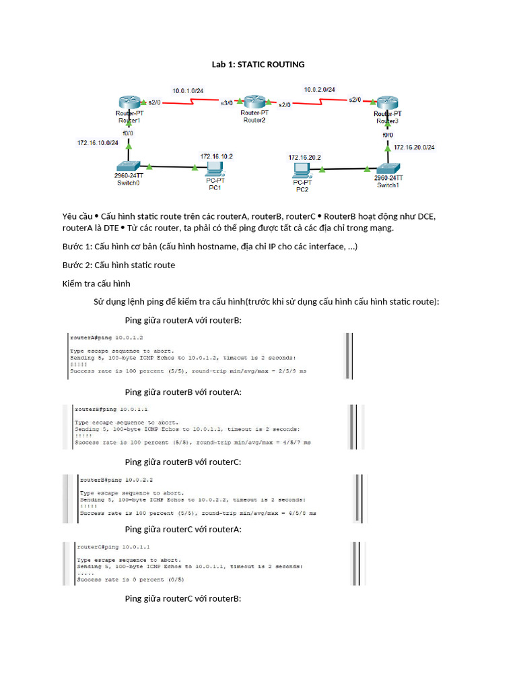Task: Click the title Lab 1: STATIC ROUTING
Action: coord(258,65)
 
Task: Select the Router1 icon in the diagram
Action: coord(129,102)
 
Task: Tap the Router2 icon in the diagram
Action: coord(254,102)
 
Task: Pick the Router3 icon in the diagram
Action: coord(387,102)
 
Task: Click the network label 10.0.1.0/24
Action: coord(188,90)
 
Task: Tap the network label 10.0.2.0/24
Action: coord(320,89)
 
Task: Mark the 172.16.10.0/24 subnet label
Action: coord(98,143)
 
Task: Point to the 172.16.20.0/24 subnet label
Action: coord(414,147)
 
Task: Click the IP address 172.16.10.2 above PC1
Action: coord(216,156)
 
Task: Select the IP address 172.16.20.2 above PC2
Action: coord(305,157)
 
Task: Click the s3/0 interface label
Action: coord(227,103)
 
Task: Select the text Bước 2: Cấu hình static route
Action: coord(118,265)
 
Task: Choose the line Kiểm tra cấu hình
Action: coord(96,283)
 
